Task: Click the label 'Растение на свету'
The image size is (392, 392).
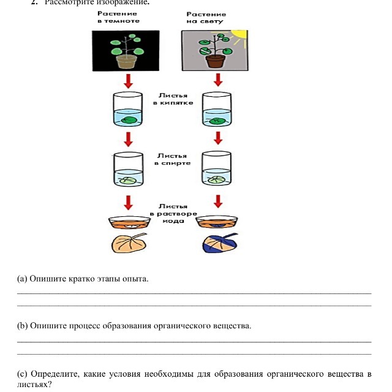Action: [x=206, y=17]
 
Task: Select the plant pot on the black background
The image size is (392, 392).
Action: [x=126, y=62]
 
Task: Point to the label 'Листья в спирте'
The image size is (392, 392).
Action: [x=173, y=159]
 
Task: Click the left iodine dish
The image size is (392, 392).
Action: [x=128, y=221]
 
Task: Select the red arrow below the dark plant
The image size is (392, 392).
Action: [x=128, y=81]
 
